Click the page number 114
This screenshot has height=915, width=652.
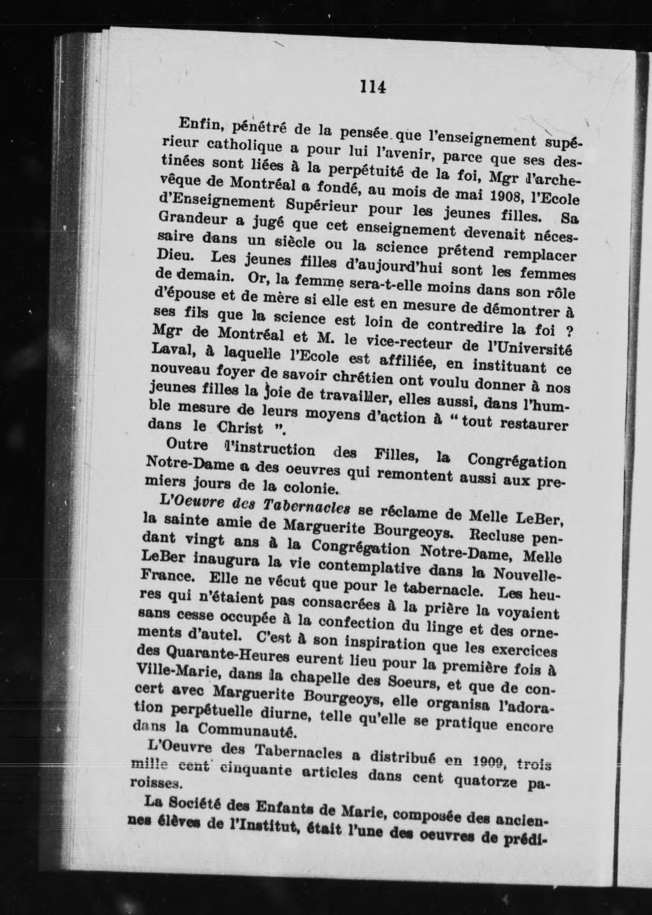tap(372, 87)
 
